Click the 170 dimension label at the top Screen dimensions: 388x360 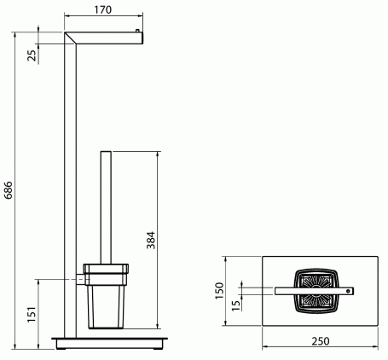[103, 10]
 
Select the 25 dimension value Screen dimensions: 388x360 [32, 55]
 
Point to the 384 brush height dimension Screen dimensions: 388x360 [151, 241]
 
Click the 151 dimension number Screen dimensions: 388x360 [32, 314]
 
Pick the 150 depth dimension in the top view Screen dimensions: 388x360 [219, 290]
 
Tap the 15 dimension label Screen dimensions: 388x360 [235, 305]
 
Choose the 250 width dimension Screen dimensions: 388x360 [321, 341]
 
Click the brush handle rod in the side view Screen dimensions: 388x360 [106, 207]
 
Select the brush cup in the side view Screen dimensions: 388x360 [106, 296]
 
